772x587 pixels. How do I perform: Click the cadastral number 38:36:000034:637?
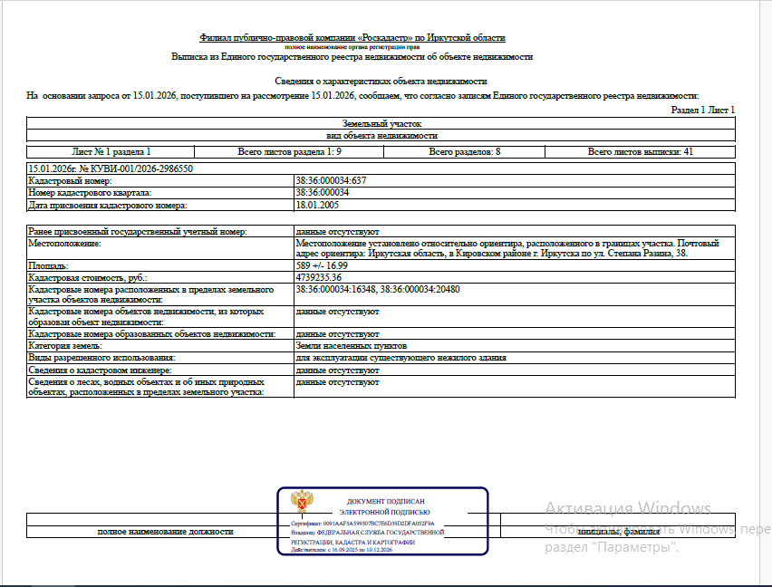pyautogui.click(x=331, y=181)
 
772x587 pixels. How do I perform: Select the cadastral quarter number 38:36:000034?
pyautogui.click(x=323, y=193)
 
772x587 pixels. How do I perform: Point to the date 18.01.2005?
pyautogui.click(x=315, y=206)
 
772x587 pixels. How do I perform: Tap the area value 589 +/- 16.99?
pyautogui.click(x=323, y=266)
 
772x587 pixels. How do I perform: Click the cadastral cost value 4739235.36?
pyautogui.click(x=318, y=277)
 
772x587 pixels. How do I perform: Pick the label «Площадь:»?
pyautogui.click(x=48, y=266)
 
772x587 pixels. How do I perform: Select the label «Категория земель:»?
pyautogui.click(x=65, y=346)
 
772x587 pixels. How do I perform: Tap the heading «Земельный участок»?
pyautogui.click(x=381, y=123)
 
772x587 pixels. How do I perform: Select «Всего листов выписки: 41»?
pyautogui.click(x=640, y=151)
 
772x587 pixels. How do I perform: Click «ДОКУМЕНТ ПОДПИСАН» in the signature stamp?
pyautogui.click(x=385, y=501)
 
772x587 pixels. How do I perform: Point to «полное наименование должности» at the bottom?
pyautogui.click(x=165, y=532)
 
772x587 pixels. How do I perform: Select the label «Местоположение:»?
pyautogui.click(x=63, y=244)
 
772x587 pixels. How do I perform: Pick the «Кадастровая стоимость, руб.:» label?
pyautogui.click(x=88, y=277)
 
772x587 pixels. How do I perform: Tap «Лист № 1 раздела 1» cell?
pyautogui.click(x=111, y=151)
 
